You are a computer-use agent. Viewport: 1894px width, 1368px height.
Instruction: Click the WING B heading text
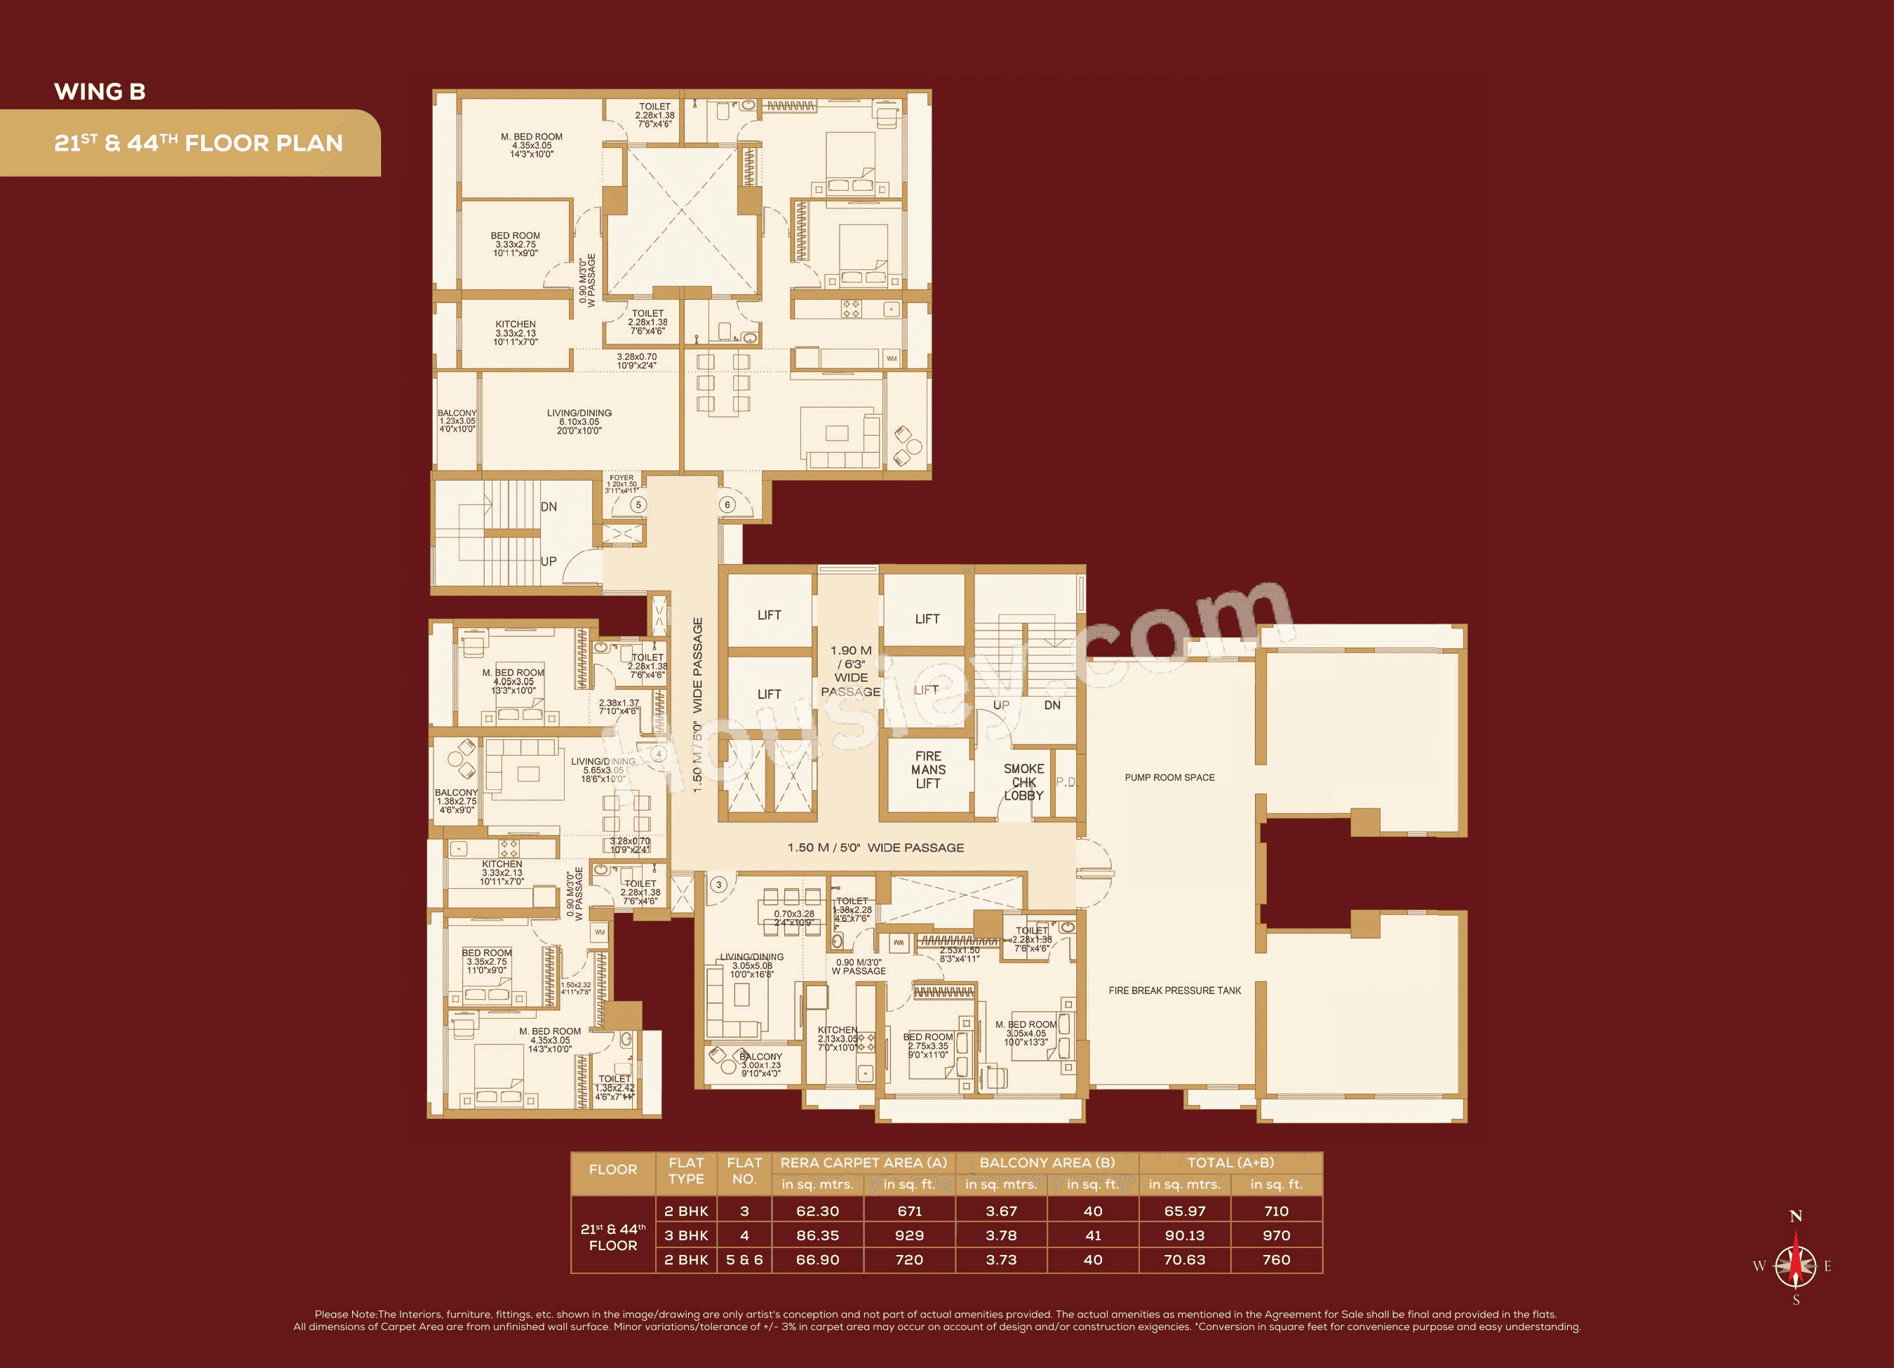[100, 91]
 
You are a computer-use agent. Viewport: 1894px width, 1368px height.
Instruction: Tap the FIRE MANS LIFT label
[928, 769]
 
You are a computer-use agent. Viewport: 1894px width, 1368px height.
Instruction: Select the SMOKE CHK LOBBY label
[1024, 782]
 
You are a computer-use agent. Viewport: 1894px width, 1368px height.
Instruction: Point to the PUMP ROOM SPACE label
[1169, 777]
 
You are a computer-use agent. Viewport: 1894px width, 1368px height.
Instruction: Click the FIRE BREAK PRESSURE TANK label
[1174, 991]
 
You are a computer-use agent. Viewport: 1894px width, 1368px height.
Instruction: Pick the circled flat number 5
[638, 504]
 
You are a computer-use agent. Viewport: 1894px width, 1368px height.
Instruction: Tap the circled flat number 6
[727, 504]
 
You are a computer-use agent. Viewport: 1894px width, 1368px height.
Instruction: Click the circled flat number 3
[718, 885]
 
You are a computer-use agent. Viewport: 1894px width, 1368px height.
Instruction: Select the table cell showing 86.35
[817, 1235]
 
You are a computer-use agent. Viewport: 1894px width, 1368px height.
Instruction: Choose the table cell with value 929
[908, 1235]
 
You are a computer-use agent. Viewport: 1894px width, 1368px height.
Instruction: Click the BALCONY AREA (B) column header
[1047, 1162]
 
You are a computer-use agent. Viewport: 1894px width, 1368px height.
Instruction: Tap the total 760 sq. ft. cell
[1276, 1259]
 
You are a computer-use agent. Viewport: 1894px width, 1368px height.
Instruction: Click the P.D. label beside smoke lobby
[1066, 782]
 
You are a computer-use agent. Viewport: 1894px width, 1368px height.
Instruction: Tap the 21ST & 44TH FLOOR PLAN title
[198, 143]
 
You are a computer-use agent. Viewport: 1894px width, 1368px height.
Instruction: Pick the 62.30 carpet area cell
[817, 1211]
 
